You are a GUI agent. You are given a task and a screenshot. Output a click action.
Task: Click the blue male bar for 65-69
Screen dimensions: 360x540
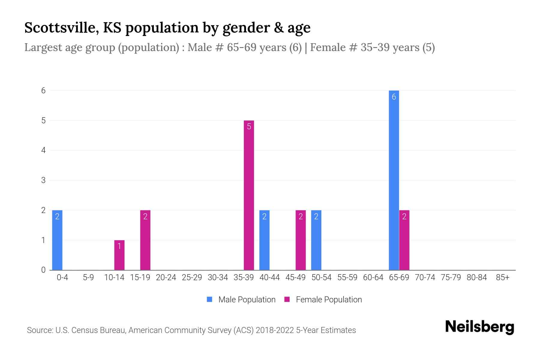tap(394, 180)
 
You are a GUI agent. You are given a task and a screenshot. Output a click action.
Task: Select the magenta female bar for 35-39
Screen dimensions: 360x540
tap(249, 195)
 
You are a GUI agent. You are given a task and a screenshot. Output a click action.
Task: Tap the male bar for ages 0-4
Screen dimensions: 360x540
tap(57, 240)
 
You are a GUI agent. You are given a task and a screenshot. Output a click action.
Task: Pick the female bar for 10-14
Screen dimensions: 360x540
tap(119, 255)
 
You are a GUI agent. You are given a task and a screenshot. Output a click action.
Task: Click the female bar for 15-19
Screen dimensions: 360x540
tap(145, 240)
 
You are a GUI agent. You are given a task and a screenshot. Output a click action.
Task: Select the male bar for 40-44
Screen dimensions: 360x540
tap(264, 240)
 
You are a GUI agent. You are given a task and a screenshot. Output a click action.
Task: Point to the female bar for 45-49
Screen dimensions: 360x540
tap(301, 240)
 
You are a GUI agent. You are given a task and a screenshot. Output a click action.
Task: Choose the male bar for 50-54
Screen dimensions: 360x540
tap(316, 240)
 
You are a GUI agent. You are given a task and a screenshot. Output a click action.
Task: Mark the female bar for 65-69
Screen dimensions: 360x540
tap(404, 240)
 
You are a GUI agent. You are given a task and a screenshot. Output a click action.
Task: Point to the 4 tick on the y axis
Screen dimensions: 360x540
tap(43, 150)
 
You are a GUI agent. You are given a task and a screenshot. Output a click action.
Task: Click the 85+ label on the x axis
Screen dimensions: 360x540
tap(502, 277)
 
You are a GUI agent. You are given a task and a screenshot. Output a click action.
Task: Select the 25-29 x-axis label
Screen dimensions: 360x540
tap(192, 277)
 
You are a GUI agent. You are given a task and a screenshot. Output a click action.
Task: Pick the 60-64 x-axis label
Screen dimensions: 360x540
tap(373, 277)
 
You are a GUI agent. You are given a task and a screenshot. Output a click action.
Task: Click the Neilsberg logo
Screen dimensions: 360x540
tap(479, 327)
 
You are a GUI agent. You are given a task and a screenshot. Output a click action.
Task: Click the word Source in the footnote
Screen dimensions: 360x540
tap(40, 330)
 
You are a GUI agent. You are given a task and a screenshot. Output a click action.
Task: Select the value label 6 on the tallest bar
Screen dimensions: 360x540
tap(394, 97)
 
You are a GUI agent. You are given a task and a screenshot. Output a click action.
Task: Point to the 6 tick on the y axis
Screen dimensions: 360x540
tap(43, 90)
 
